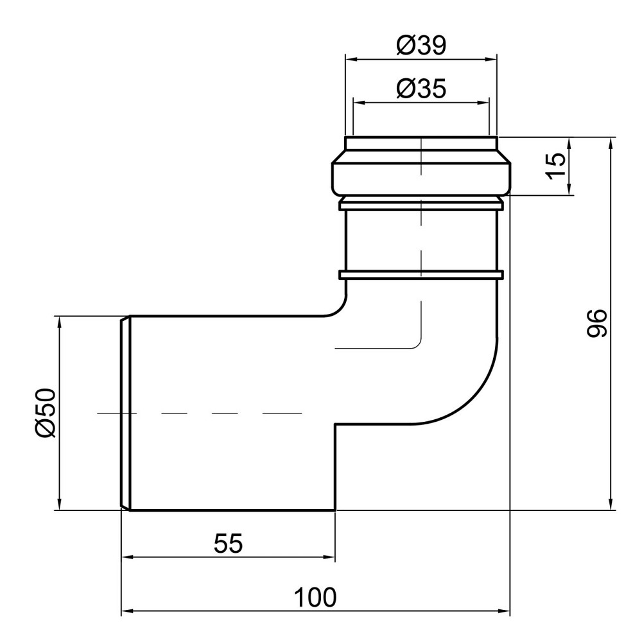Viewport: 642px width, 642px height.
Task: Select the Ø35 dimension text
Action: click(421, 88)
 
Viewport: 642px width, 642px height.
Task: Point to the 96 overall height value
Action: click(596, 323)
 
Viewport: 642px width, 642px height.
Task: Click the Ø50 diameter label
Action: click(46, 413)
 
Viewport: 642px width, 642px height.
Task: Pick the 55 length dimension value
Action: click(228, 544)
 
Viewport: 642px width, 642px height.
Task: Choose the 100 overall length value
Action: click(315, 598)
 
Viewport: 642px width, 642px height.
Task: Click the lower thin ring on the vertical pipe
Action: click(421, 275)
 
